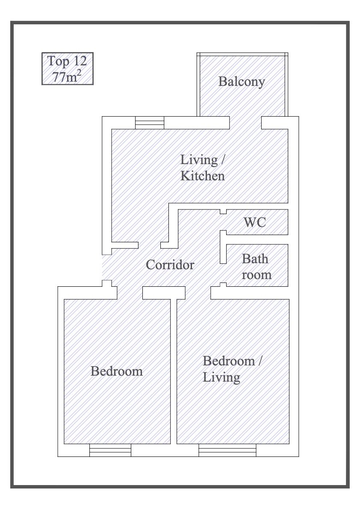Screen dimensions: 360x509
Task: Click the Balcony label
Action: (242, 82)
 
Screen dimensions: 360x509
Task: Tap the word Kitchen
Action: (203, 176)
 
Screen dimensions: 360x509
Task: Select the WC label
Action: (255, 222)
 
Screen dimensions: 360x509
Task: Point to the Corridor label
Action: (170, 265)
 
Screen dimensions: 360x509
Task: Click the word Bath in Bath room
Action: (255, 259)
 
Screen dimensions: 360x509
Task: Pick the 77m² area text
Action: (67, 76)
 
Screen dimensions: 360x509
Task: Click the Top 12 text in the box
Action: (67, 61)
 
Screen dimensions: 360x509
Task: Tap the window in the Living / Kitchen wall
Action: (150, 123)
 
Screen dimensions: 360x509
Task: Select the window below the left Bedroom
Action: (110, 450)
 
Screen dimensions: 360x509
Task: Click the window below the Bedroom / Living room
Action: (227, 450)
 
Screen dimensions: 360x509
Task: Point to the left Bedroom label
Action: (117, 371)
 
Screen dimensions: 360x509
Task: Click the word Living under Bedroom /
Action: (221, 377)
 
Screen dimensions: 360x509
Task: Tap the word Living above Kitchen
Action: (199, 160)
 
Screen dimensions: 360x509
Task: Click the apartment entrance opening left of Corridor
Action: (107, 267)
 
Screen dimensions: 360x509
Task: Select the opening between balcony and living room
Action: (245, 123)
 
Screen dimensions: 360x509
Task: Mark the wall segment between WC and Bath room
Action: (257, 239)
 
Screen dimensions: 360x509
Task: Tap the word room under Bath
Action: (257, 275)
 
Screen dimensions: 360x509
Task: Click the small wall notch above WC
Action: (223, 212)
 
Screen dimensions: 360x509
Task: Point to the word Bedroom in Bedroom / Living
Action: (229, 361)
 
